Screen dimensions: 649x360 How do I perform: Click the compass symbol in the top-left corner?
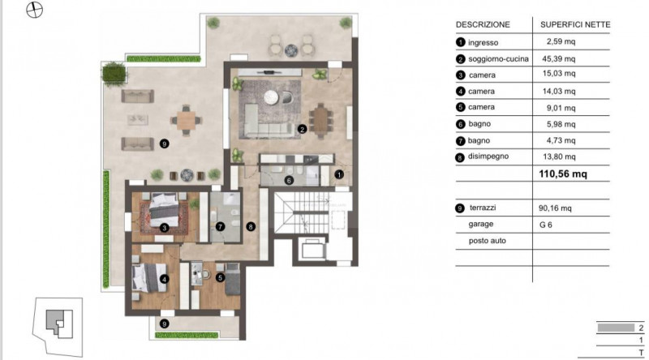(x=34, y=10)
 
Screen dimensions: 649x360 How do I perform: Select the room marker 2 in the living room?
(x=302, y=130)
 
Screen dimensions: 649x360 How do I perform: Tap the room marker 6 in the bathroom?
(x=289, y=181)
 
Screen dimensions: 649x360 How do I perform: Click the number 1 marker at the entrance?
(x=339, y=174)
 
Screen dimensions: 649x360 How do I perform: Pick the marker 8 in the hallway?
(x=251, y=226)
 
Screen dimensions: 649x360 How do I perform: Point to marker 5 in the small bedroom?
(x=220, y=277)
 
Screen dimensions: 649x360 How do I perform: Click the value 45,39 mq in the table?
(x=559, y=58)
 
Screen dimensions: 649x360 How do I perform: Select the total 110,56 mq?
(x=563, y=174)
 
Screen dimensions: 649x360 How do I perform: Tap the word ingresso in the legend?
(x=483, y=43)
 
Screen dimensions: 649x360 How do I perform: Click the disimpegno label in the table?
(x=488, y=156)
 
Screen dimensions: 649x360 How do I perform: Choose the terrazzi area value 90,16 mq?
(x=555, y=208)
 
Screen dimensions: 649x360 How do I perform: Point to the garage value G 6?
(x=545, y=225)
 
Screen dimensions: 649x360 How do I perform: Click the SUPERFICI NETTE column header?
(x=575, y=25)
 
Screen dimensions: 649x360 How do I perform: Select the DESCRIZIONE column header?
(x=483, y=25)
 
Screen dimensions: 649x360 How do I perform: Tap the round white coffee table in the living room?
(x=271, y=96)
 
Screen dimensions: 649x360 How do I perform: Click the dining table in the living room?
(x=320, y=120)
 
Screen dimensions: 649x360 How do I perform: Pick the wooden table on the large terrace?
(x=187, y=121)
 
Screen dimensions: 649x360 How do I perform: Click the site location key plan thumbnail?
(x=58, y=327)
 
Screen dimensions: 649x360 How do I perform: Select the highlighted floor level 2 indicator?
(x=616, y=328)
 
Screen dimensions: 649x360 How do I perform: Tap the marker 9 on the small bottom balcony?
(x=165, y=324)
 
